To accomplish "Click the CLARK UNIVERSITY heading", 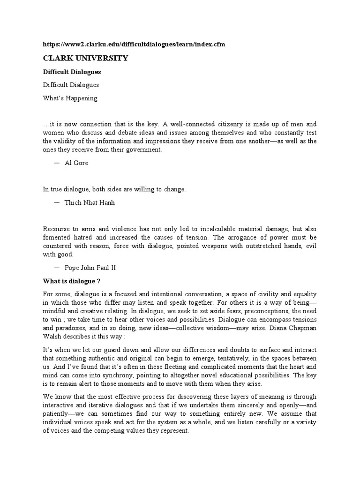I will (x=85, y=59).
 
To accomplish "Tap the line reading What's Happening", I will (x=70, y=98).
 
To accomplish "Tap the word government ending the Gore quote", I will (x=143, y=150).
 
